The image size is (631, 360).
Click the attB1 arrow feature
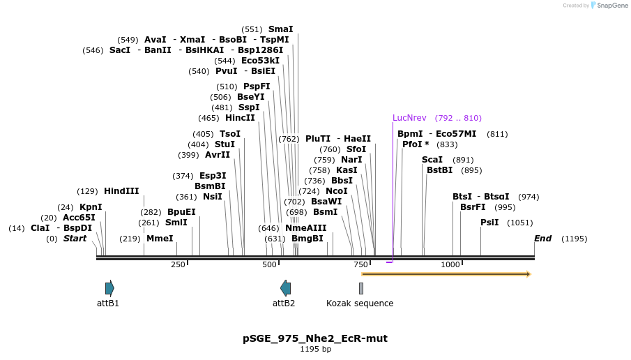(x=109, y=287)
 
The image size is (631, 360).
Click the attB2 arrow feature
(x=285, y=287)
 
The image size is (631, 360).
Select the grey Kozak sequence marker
(x=361, y=287)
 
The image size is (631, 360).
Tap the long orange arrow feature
(x=446, y=274)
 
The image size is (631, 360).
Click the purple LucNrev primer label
(x=409, y=118)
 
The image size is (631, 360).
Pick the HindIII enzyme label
(x=121, y=190)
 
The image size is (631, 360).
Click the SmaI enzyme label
(x=280, y=29)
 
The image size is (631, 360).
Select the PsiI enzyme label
(x=489, y=222)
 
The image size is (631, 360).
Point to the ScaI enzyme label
(x=432, y=160)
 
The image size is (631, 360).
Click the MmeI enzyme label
(x=160, y=239)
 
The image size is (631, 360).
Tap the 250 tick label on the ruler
(x=178, y=264)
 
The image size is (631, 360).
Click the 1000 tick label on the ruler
(x=450, y=264)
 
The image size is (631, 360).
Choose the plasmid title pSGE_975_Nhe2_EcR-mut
(x=315, y=338)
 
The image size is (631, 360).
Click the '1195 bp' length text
(x=315, y=349)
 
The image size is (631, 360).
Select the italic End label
(x=542, y=239)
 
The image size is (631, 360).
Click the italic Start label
(x=75, y=239)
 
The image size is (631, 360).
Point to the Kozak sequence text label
(x=360, y=303)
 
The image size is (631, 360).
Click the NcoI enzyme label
(x=337, y=190)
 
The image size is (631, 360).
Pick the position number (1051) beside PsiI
(x=520, y=223)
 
